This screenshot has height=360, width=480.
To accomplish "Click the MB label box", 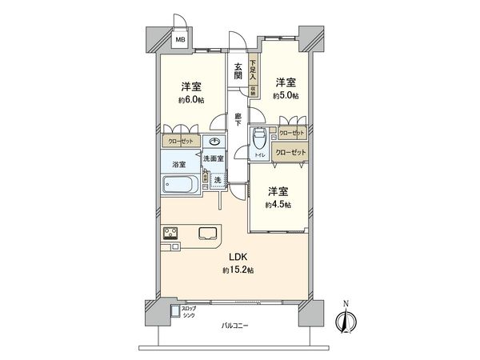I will click(x=181, y=38).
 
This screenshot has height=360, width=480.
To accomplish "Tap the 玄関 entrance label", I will click(x=238, y=70).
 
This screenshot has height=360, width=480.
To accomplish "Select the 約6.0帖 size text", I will click(x=190, y=99).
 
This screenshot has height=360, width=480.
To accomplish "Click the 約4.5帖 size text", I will click(x=278, y=205).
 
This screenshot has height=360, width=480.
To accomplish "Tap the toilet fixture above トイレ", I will click(x=258, y=136).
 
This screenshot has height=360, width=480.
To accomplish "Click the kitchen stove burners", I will click(x=173, y=233).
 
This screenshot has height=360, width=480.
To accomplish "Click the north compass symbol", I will click(x=345, y=318).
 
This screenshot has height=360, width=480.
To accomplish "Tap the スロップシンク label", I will click(x=190, y=311).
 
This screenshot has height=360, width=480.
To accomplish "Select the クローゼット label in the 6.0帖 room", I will click(x=180, y=142).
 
